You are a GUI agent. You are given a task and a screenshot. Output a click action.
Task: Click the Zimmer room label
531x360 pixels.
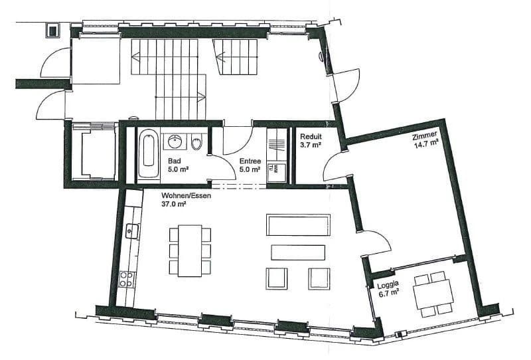[x=425, y=135]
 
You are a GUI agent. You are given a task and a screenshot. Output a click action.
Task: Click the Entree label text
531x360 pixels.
[x=250, y=160]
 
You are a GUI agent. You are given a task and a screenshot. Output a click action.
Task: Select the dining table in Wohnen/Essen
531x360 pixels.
[x=190, y=250]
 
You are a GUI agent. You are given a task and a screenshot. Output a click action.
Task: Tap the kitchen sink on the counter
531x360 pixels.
[x=131, y=230]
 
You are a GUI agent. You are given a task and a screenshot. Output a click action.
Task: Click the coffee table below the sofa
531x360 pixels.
[x=298, y=252]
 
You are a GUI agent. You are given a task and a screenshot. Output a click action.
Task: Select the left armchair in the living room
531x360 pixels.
[x=276, y=278]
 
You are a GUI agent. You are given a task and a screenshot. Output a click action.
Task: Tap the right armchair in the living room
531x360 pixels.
[x=319, y=278]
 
